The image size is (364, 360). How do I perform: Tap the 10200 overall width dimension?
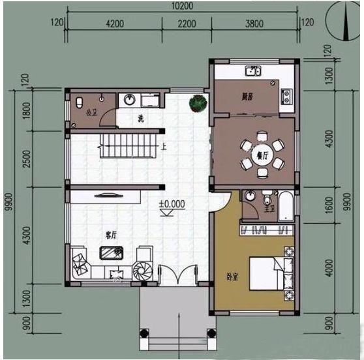coord(183,7)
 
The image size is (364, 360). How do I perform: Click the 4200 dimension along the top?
coord(114,23)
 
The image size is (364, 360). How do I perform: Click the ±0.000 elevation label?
coord(172,204)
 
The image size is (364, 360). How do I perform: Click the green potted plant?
coord(198,102)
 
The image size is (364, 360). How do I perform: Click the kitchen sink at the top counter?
coord(252,70)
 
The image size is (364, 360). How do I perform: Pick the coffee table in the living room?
coord(108,252)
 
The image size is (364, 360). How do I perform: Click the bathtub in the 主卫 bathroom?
coord(286,205)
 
